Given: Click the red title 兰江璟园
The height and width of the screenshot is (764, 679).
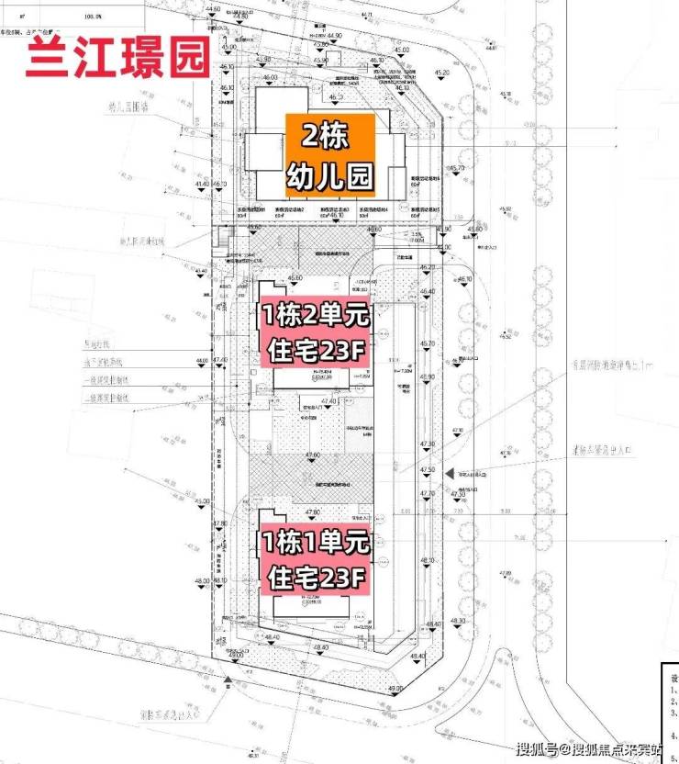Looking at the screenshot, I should coord(117,58).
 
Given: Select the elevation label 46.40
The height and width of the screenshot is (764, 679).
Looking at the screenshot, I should coord(427,291).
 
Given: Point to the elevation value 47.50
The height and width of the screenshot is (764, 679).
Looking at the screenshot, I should coord(428,469).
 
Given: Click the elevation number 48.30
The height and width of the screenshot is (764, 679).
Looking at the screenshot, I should coord(459,622).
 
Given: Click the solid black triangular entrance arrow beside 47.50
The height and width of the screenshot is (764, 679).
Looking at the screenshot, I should coord(448,472).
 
